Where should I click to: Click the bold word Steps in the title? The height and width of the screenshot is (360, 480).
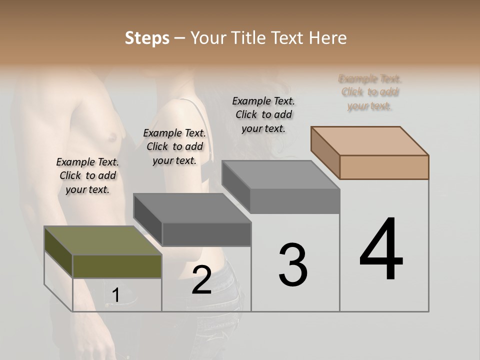[x=147, y=38]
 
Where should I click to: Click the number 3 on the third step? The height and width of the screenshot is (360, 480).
[x=293, y=265]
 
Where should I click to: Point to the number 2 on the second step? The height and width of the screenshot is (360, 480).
[x=201, y=280]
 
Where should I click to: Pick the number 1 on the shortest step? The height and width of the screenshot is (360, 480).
[x=115, y=295]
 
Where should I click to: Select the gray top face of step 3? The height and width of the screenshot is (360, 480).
[x=280, y=175]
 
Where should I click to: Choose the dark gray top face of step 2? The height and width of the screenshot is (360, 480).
[x=192, y=208]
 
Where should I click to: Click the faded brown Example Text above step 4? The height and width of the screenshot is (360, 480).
[x=369, y=92]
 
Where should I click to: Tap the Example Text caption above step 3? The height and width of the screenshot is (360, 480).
[x=263, y=114]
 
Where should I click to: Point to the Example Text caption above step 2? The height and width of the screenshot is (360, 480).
[x=174, y=146]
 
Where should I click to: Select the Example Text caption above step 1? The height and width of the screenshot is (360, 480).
[x=87, y=175]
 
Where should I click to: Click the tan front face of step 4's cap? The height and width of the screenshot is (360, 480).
[x=384, y=167]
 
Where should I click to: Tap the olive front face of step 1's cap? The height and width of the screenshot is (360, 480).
[x=117, y=266]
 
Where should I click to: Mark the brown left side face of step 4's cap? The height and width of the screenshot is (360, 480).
[x=325, y=152]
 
